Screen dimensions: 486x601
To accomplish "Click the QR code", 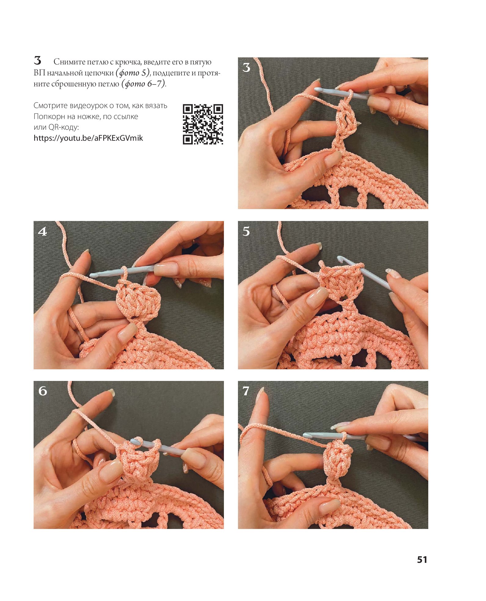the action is point(203,124).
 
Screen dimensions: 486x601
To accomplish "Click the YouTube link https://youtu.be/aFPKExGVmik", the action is point(88,138).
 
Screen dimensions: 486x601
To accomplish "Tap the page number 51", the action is point(422,559).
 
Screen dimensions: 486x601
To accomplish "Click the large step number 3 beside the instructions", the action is point(38,60).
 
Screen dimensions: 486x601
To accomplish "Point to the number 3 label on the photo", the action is point(247,67).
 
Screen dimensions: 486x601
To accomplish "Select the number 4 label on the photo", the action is point(42,231).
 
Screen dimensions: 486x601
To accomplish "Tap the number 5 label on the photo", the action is point(246,231).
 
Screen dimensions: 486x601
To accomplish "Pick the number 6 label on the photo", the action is point(43,391).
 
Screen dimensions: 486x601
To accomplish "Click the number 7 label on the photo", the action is point(246,391).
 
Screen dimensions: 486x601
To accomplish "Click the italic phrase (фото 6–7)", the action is point(143,84).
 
